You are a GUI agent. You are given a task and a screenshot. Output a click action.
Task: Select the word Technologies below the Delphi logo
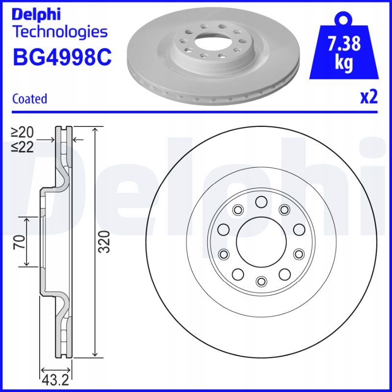pos(59,32)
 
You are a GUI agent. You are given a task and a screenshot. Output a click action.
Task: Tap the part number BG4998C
pos(62,58)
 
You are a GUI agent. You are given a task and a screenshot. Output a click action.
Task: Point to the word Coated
pos(29,98)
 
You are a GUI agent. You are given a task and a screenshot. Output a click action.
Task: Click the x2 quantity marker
pos(369,98)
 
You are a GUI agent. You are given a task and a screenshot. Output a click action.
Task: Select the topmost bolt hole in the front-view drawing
pos(261,201)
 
